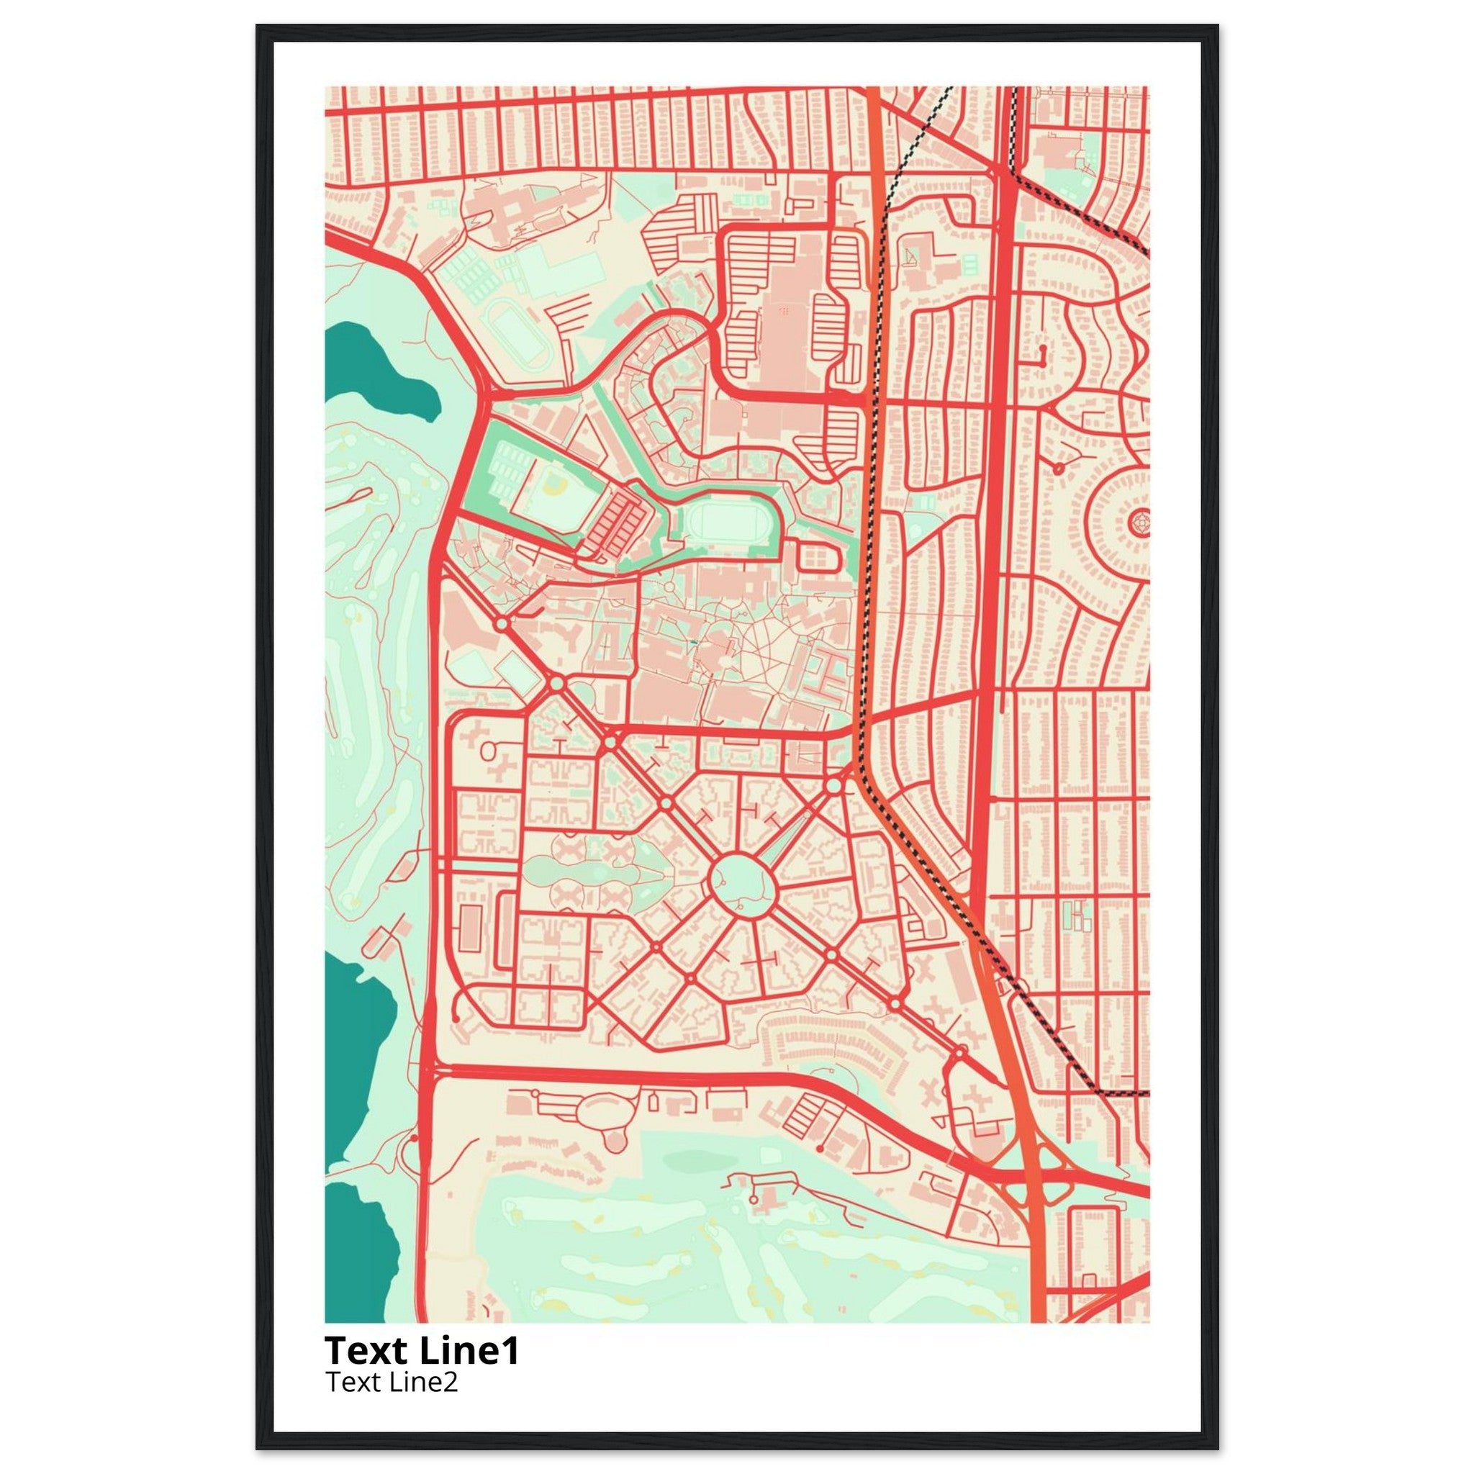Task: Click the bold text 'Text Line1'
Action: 422,1350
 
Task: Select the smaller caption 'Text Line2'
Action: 392,1382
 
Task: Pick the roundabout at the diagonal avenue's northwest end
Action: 501,624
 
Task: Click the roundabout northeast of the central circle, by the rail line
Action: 834,785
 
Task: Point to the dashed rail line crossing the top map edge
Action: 949,91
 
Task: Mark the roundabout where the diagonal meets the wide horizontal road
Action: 610,741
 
